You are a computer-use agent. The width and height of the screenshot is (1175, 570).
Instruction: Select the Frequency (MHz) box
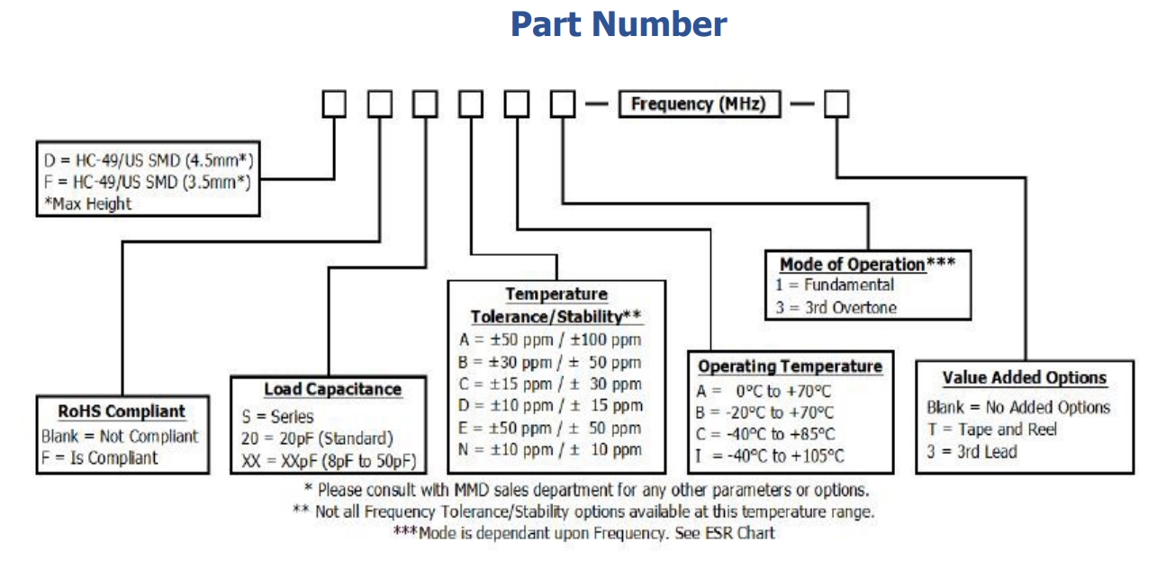[698, 104]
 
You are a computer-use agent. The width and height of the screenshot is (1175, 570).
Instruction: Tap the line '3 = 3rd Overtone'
[837, 307]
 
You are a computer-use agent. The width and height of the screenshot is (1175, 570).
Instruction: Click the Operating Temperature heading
[790, 366]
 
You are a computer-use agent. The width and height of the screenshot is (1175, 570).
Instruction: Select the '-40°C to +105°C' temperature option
[770, 457]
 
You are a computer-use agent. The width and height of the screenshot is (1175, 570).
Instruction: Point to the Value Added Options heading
[1024, 378]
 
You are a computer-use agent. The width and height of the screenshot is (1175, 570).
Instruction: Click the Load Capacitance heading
[332, 389]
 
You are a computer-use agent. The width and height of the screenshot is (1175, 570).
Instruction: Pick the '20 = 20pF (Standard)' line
[317, 439]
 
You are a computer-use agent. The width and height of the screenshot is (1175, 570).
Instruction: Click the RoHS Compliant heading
[122, 412]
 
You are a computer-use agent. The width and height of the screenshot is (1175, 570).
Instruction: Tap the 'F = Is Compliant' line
[99, 457]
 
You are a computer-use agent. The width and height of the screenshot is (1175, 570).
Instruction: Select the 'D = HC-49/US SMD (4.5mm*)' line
[149, 160]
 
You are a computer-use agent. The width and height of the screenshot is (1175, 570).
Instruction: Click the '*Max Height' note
[87, 204]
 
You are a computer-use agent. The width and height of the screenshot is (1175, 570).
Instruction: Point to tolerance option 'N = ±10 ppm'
[549, 449]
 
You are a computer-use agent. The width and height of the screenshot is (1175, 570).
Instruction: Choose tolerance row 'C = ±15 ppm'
[549, 384]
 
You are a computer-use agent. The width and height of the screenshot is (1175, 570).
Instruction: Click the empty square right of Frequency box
[836, 104]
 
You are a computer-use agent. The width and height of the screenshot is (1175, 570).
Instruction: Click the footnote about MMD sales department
[586, 490]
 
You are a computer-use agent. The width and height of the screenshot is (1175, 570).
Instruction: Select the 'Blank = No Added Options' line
[1018, 407]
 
